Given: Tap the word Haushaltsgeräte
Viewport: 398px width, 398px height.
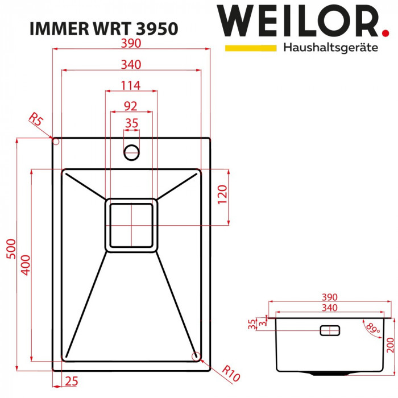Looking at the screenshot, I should coord(330,48).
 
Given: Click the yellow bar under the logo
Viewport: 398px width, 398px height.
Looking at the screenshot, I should coord(250,48).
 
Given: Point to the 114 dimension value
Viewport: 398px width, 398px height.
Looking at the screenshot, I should coord(131,85).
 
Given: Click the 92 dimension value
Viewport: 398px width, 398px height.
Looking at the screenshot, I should coord(131,105).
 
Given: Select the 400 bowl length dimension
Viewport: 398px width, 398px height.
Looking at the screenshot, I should coord(24,264).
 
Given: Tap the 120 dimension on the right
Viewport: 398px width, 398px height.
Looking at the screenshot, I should coord(222,196).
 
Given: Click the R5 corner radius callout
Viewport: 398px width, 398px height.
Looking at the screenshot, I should coord(36,120).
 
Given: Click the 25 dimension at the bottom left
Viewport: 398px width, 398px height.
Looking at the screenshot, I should coord(71,381).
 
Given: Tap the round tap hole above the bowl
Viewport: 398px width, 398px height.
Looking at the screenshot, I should coord(131,152).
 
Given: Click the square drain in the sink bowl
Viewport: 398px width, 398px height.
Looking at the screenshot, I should coord(131,225).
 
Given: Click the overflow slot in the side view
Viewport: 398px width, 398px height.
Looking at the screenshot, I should coord(330,330).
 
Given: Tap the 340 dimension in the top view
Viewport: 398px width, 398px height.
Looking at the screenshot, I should coord(131,65).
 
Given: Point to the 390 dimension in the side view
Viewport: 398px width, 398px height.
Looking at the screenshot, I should coord(330,297).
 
